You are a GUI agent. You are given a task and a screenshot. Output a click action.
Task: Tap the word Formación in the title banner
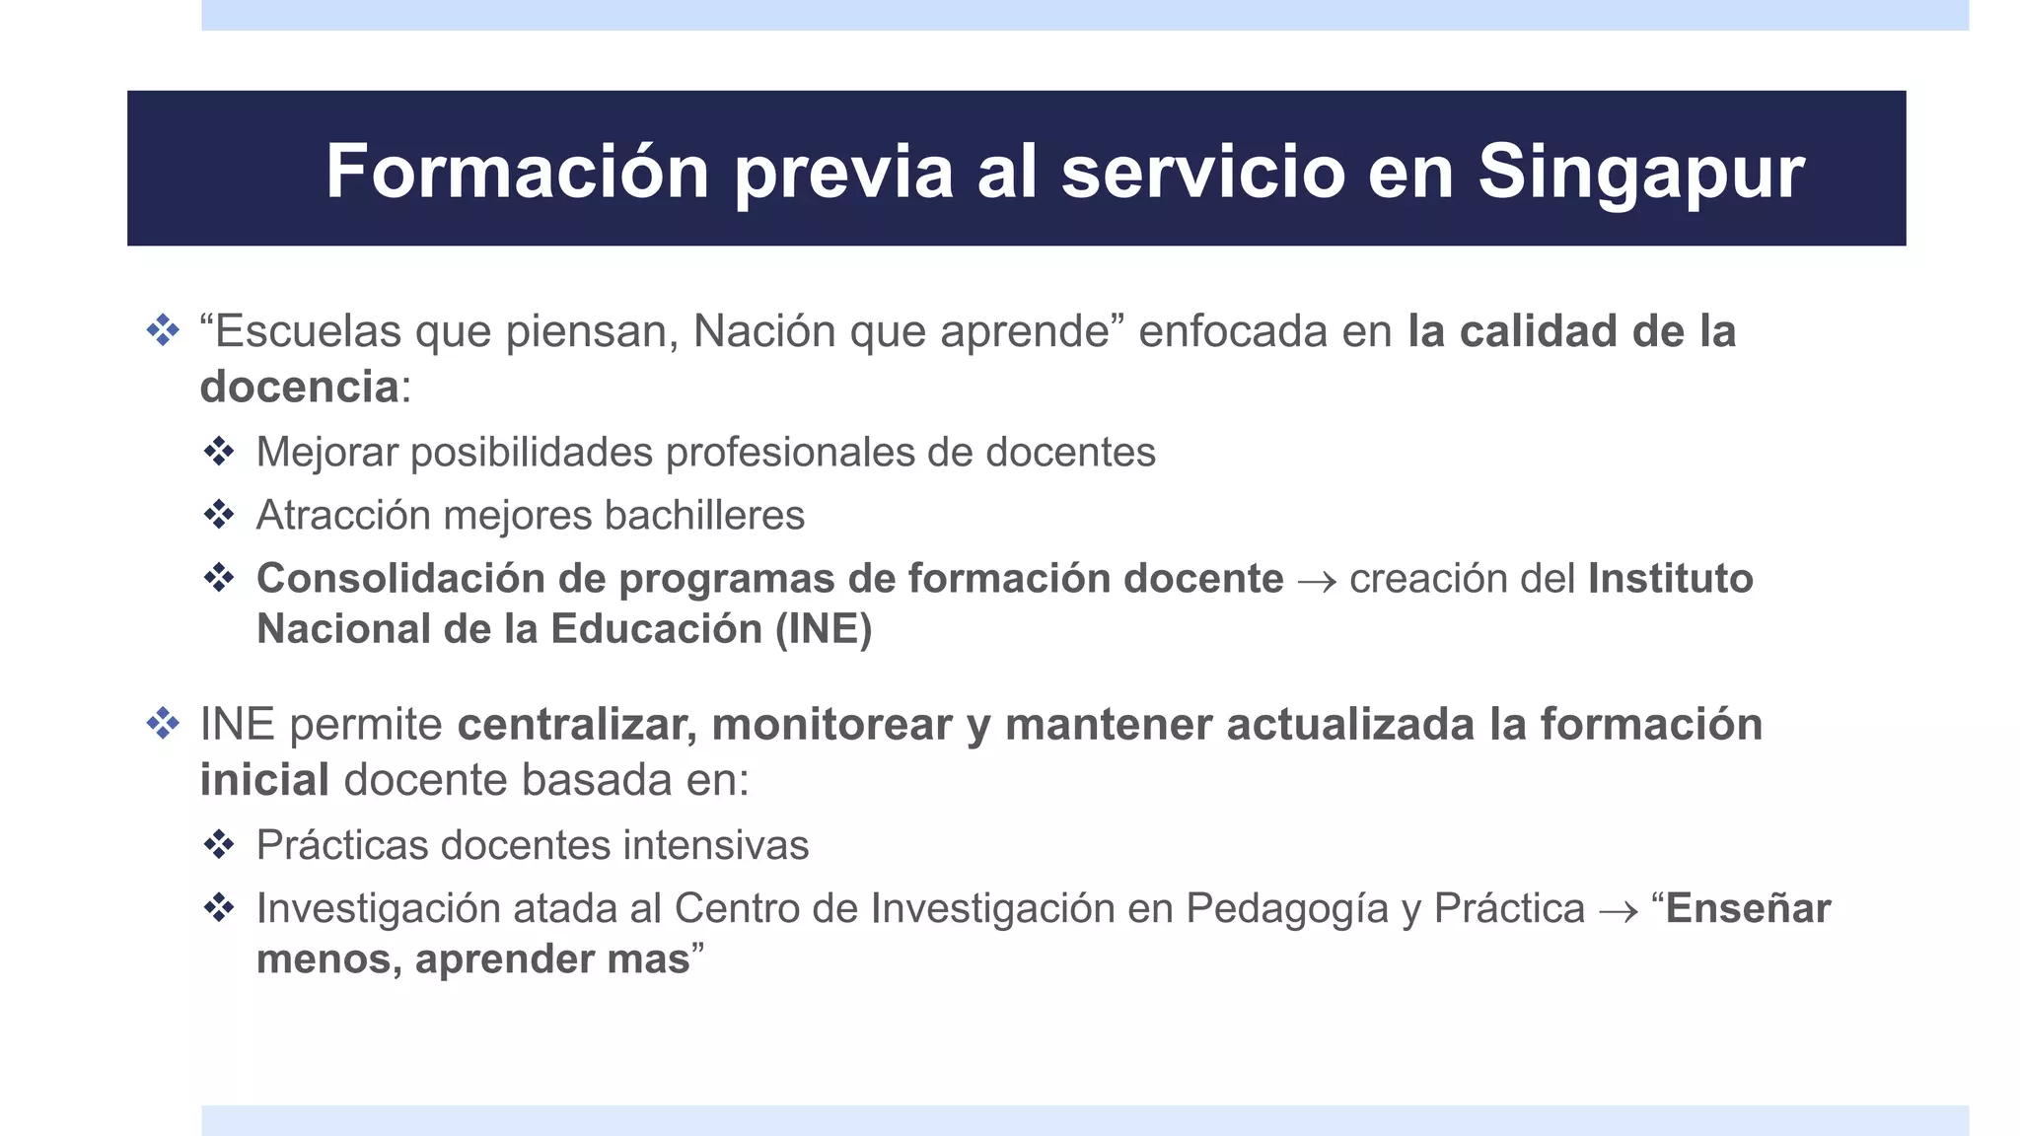tap(517, 173)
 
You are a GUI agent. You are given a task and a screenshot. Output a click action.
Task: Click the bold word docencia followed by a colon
tap(299, 387)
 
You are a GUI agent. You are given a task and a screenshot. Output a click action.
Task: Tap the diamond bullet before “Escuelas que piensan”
tap(163, 330)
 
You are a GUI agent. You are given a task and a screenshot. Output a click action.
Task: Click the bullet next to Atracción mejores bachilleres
tap(219, 514)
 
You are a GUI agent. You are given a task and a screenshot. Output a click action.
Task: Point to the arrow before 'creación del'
tap(1317, 581)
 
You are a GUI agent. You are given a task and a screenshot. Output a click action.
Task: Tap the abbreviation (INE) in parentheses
tap(824, 629)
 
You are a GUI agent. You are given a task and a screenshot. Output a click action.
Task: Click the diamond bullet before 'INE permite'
tap(163, 724)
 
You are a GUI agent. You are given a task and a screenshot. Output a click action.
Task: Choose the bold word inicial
tap(264, 780)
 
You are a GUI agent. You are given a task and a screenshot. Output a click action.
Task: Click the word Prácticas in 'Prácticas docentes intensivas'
tap(341, 845)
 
